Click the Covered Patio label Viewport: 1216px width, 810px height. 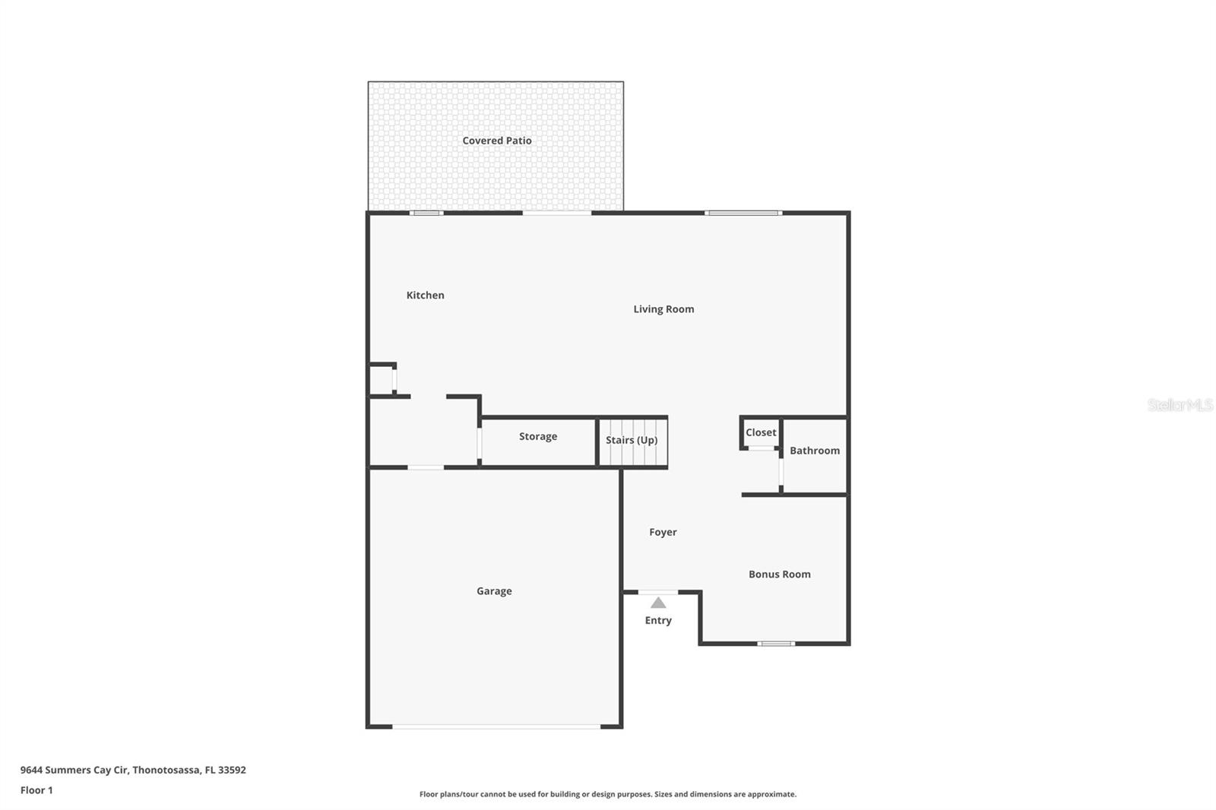point(496,141)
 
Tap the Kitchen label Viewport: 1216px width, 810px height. point(425,295)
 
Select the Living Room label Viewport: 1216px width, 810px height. point(663,308)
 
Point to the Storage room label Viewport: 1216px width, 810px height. point(537,436)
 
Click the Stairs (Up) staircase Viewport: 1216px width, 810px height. point(632,441)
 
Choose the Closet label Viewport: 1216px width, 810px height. point(761,432)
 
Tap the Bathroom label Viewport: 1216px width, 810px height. point(814,451)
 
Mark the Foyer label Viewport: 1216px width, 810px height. point(662,532)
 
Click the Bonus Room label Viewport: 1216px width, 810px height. point(779,574)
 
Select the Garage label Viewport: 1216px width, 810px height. point(494,591)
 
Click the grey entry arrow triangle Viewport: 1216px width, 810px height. point(658,603)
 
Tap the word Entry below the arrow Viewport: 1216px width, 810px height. point(658,620)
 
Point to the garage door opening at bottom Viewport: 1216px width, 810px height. point(496,727)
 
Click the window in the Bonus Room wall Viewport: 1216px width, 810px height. point(776,644)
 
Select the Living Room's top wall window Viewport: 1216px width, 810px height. point(743,213)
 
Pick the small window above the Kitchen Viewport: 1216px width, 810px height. point(426,213)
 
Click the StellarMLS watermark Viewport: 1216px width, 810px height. point(1180,405)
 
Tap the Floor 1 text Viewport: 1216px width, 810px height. point(36,790)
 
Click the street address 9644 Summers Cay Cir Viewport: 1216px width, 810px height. point(133,770)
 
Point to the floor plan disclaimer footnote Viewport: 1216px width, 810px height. point(608,794)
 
